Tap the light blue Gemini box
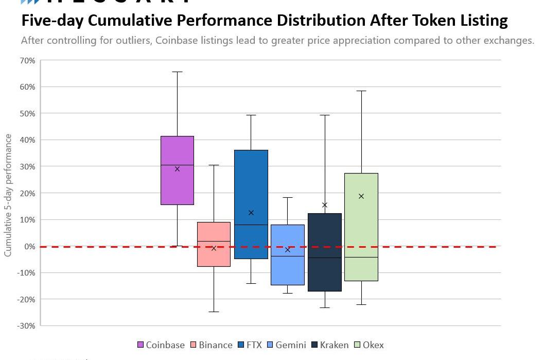[288, 268]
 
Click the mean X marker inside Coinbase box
[177, 169]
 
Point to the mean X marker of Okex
[361, 196]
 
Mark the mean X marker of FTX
[251, 213]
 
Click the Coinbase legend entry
[161, 345]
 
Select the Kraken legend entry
[329, 345]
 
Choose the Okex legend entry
[368, 345]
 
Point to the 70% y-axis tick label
[28, 61]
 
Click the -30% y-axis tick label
[26, 326]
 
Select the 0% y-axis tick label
[29, 247]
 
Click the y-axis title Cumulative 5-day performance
[8, 195]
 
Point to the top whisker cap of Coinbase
[177, 72]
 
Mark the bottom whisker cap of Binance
[214, 312]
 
